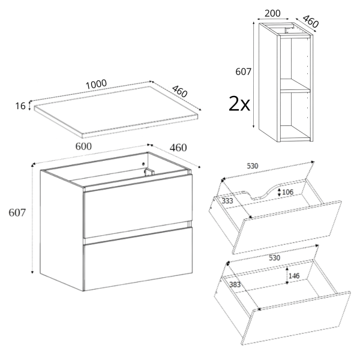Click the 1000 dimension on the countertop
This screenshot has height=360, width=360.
point(96,84)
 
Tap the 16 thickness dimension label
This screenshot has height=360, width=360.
point(20,106)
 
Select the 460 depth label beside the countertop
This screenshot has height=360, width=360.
point(180,91)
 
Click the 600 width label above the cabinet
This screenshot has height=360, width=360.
point(83,146)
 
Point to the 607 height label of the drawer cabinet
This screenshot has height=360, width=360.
point(17,212)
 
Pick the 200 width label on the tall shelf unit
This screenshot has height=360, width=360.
point(272,14)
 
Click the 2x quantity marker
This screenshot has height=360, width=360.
point(239,104)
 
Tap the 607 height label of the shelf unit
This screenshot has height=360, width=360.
point(244,72)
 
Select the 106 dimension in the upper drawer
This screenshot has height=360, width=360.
point(287,192)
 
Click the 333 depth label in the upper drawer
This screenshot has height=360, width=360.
point(227,201)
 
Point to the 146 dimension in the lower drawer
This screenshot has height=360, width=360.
point(294,276)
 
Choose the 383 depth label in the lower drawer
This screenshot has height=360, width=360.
point(235,284)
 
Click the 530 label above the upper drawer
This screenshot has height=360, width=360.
point(253,166)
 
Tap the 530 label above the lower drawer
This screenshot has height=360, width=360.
point(274,258)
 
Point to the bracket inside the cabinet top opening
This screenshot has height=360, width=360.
point(148,172)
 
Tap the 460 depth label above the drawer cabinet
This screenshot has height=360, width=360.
point(178,148)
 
